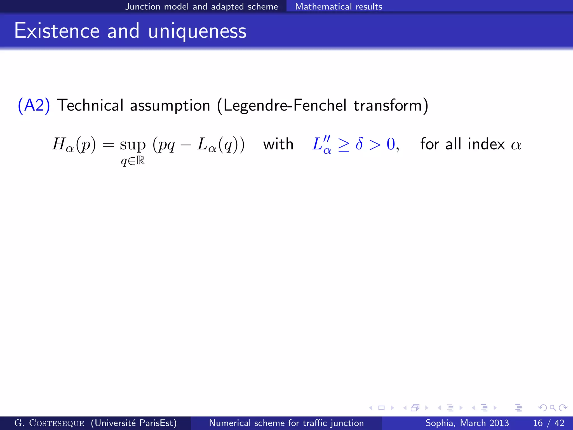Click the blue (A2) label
(34, 106)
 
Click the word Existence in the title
(57, 31)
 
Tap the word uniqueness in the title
(197, 31)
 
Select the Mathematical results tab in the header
(338, 6)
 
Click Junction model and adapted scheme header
(201, 6)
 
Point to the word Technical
(90, 106)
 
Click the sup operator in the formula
(133, 145)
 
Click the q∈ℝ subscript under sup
(133, 161)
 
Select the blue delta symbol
(359, 144)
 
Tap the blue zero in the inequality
(391, 144)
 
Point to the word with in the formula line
(278, 144)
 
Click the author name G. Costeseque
(49, 423)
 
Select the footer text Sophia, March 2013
(467, 423)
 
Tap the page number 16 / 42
(549, 423)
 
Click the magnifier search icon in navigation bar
(553, 408)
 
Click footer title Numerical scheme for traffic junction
(286, 423)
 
